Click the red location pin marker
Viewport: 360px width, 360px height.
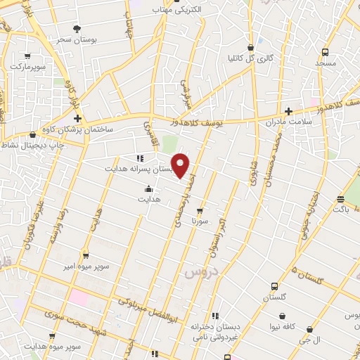pos(181,165)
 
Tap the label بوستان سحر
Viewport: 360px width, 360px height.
pos(77,39)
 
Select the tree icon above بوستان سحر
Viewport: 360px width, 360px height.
pos(77,28)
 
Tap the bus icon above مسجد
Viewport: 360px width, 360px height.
pos(325,52)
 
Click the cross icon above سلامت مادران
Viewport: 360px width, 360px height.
pos(288,111)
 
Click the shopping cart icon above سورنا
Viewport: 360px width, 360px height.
pos(200,210)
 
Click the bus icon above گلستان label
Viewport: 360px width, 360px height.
pos(274,286)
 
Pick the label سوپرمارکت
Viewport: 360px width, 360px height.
pos(27,66)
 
